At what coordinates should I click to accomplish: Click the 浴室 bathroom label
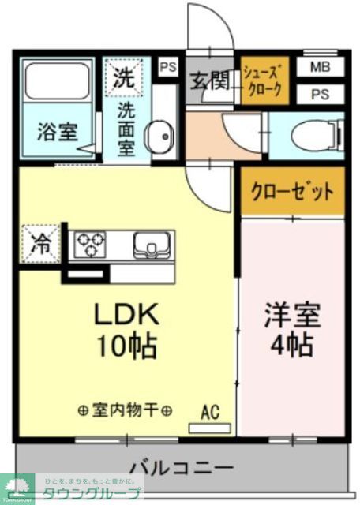(57, 132)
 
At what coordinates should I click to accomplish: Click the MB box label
(321, 67)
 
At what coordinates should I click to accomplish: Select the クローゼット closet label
(292, 191)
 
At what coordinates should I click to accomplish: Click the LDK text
(127, 314)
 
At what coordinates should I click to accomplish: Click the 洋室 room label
(291, 315)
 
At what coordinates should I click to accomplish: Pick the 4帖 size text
(291, 345)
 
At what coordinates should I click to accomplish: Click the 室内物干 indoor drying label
(126, 410)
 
